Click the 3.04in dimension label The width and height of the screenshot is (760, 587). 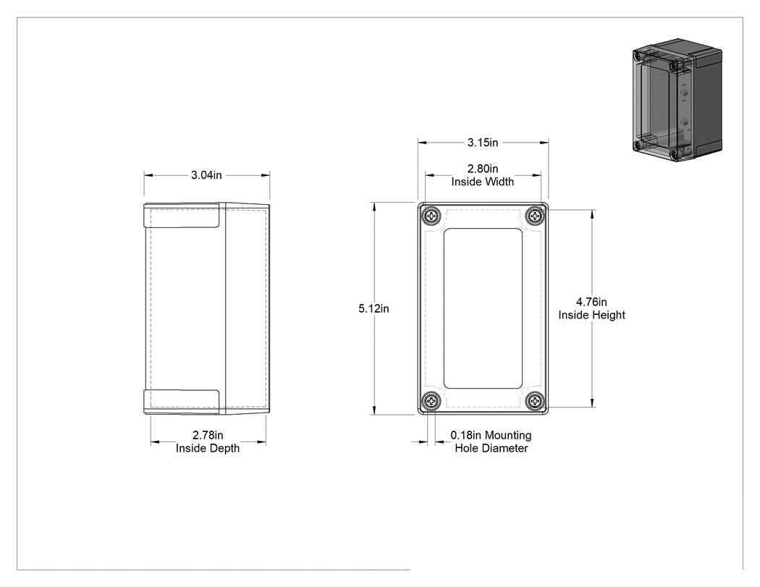click(x=206, y=175)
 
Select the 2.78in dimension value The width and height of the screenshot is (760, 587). click(x=208, y=435)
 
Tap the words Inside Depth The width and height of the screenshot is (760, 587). click(x=208, y=448)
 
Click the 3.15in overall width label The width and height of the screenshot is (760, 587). click(x=483, y=143)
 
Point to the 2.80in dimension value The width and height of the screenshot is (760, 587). click(x=483, y=169)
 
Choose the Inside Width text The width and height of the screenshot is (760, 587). click(x=483, y=182)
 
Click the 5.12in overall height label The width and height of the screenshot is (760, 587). click(x=373, y=309)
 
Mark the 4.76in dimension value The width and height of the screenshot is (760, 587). click(x=591, y=303)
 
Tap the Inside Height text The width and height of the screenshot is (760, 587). click(x=592, y=315)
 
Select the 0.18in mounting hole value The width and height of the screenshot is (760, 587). click(x=466, y=435)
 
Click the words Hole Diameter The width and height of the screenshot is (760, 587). click(x=491, y=448)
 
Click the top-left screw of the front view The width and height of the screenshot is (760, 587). click(x=431, y=216)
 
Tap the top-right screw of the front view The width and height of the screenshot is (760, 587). click(x=535, y=216)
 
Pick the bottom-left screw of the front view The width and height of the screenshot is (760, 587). click(x=431, y=402)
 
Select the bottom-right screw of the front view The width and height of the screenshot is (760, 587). click(x=535, y=402)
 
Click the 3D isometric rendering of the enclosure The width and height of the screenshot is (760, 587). click(x=677, y=100)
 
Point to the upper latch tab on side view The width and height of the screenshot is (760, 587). click(x=182, y=216)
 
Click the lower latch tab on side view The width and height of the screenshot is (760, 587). click(x=182, y=402)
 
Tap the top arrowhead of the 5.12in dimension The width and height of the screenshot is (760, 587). click(x=373, y=207)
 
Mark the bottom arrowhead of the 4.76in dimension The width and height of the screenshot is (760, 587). click(x=592, y=402)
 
